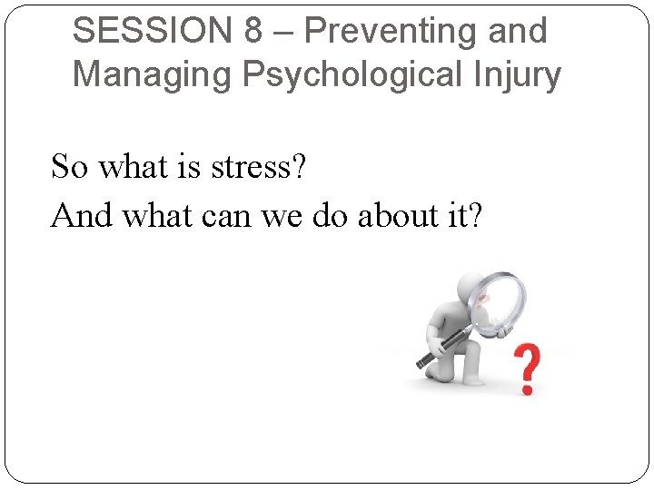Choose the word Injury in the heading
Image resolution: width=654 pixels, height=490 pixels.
(x=515, y=74)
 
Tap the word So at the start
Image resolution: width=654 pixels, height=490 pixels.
(x=70, y=168)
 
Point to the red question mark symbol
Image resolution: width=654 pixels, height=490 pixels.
(x=528, y=368)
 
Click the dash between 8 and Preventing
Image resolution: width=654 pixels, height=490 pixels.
(x=283, y=33)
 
